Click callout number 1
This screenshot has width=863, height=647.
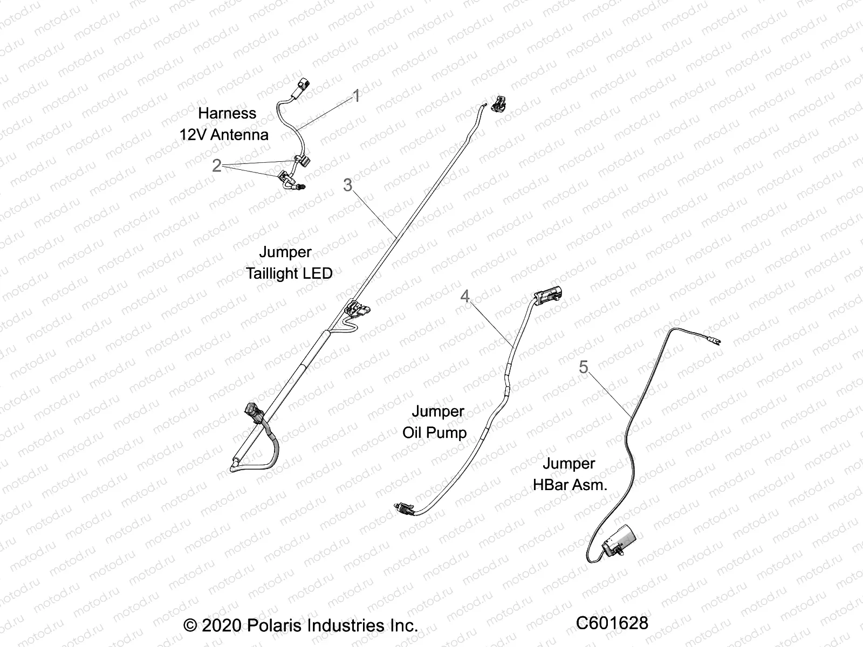pyautogui.click(x=356, y=96)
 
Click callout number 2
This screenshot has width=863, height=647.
pyautogui.click(x=216, y=165)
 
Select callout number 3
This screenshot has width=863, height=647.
pyautogui.click(x=348, y=185)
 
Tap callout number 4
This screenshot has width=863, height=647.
pyautogui.click(x=465, y=296)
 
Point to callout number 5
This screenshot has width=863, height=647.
pyautogui.click(x=584, y=367)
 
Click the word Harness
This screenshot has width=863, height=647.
pyautogui.click(x=227, y=113)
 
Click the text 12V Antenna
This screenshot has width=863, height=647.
pyautogui.click(x=224, y=135)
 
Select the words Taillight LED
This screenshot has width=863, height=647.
pyautogui.click(x=289, y=273)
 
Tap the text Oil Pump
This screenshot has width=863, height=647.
pyautogui.click(x=434, y=433)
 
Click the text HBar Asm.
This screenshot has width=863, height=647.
pyautogui.click(x=570, y=485)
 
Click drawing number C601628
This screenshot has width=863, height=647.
pyautogui.click(x=612, y=623)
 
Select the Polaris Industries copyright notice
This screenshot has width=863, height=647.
pyautogui.click(x=301, y=625)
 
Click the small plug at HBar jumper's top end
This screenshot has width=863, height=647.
pyautogui.click(x=716, y=341)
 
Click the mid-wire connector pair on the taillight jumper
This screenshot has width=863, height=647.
pyautogui.click(x=357, y=311)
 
